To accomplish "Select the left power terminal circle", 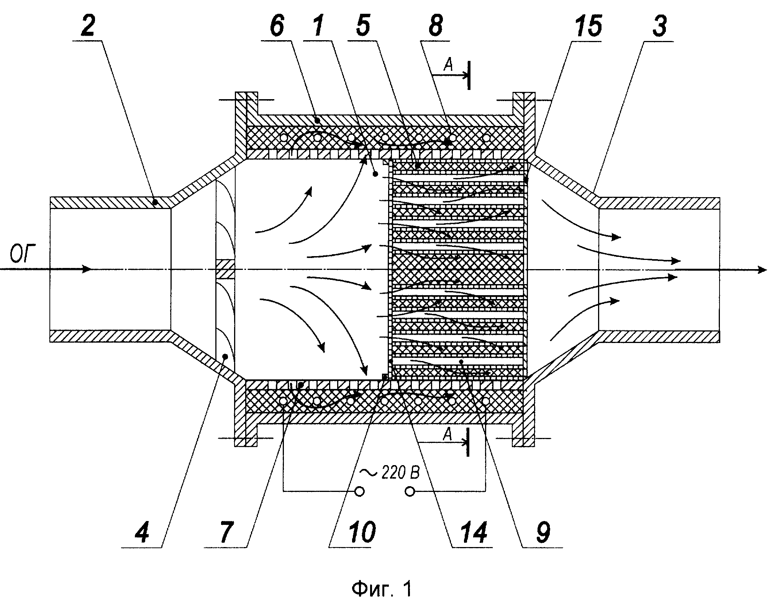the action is coord(359,492).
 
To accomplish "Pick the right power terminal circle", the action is coord(410,492).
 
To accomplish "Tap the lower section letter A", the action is coord(447,434).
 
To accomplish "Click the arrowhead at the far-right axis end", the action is coord(763,270).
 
